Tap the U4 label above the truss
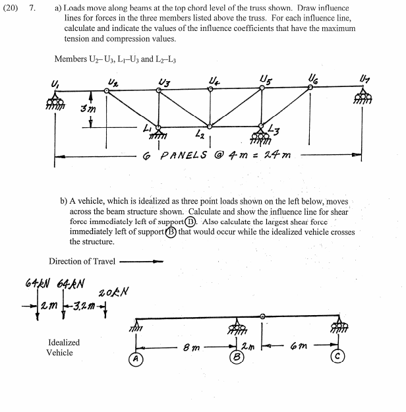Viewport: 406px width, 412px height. click(x=213, y=82)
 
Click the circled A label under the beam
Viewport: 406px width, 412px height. click(x=136, y=361)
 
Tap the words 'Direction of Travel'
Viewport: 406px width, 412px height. click(x=82, y=261)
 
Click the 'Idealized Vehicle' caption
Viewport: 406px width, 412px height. click(x=64, y=347)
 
